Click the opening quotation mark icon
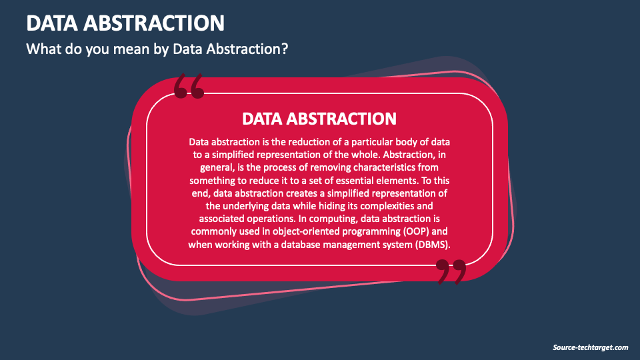point(189,86)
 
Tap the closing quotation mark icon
point(451,272)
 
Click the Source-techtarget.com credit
point(590,347)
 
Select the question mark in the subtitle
point(285,49)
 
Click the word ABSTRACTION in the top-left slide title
point(154,23)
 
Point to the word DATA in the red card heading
point(262,119)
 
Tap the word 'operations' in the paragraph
point(271,219)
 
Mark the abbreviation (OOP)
point(416,231)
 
